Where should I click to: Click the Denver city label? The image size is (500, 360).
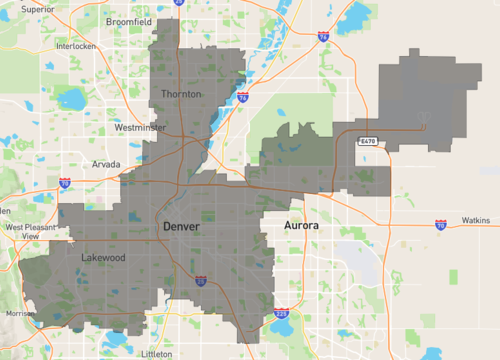[182, 227]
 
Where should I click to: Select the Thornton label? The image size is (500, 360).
[181, 94]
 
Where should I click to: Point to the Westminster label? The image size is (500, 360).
[140, 128]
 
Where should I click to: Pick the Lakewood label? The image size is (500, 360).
[103, 257]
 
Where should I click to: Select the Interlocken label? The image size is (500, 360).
[75, 46]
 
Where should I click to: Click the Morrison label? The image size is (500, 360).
[20, 314]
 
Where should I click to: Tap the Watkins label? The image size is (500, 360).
[475, 220]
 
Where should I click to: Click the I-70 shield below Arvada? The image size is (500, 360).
[65, 184]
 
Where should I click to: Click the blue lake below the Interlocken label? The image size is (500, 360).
[71, 99]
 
